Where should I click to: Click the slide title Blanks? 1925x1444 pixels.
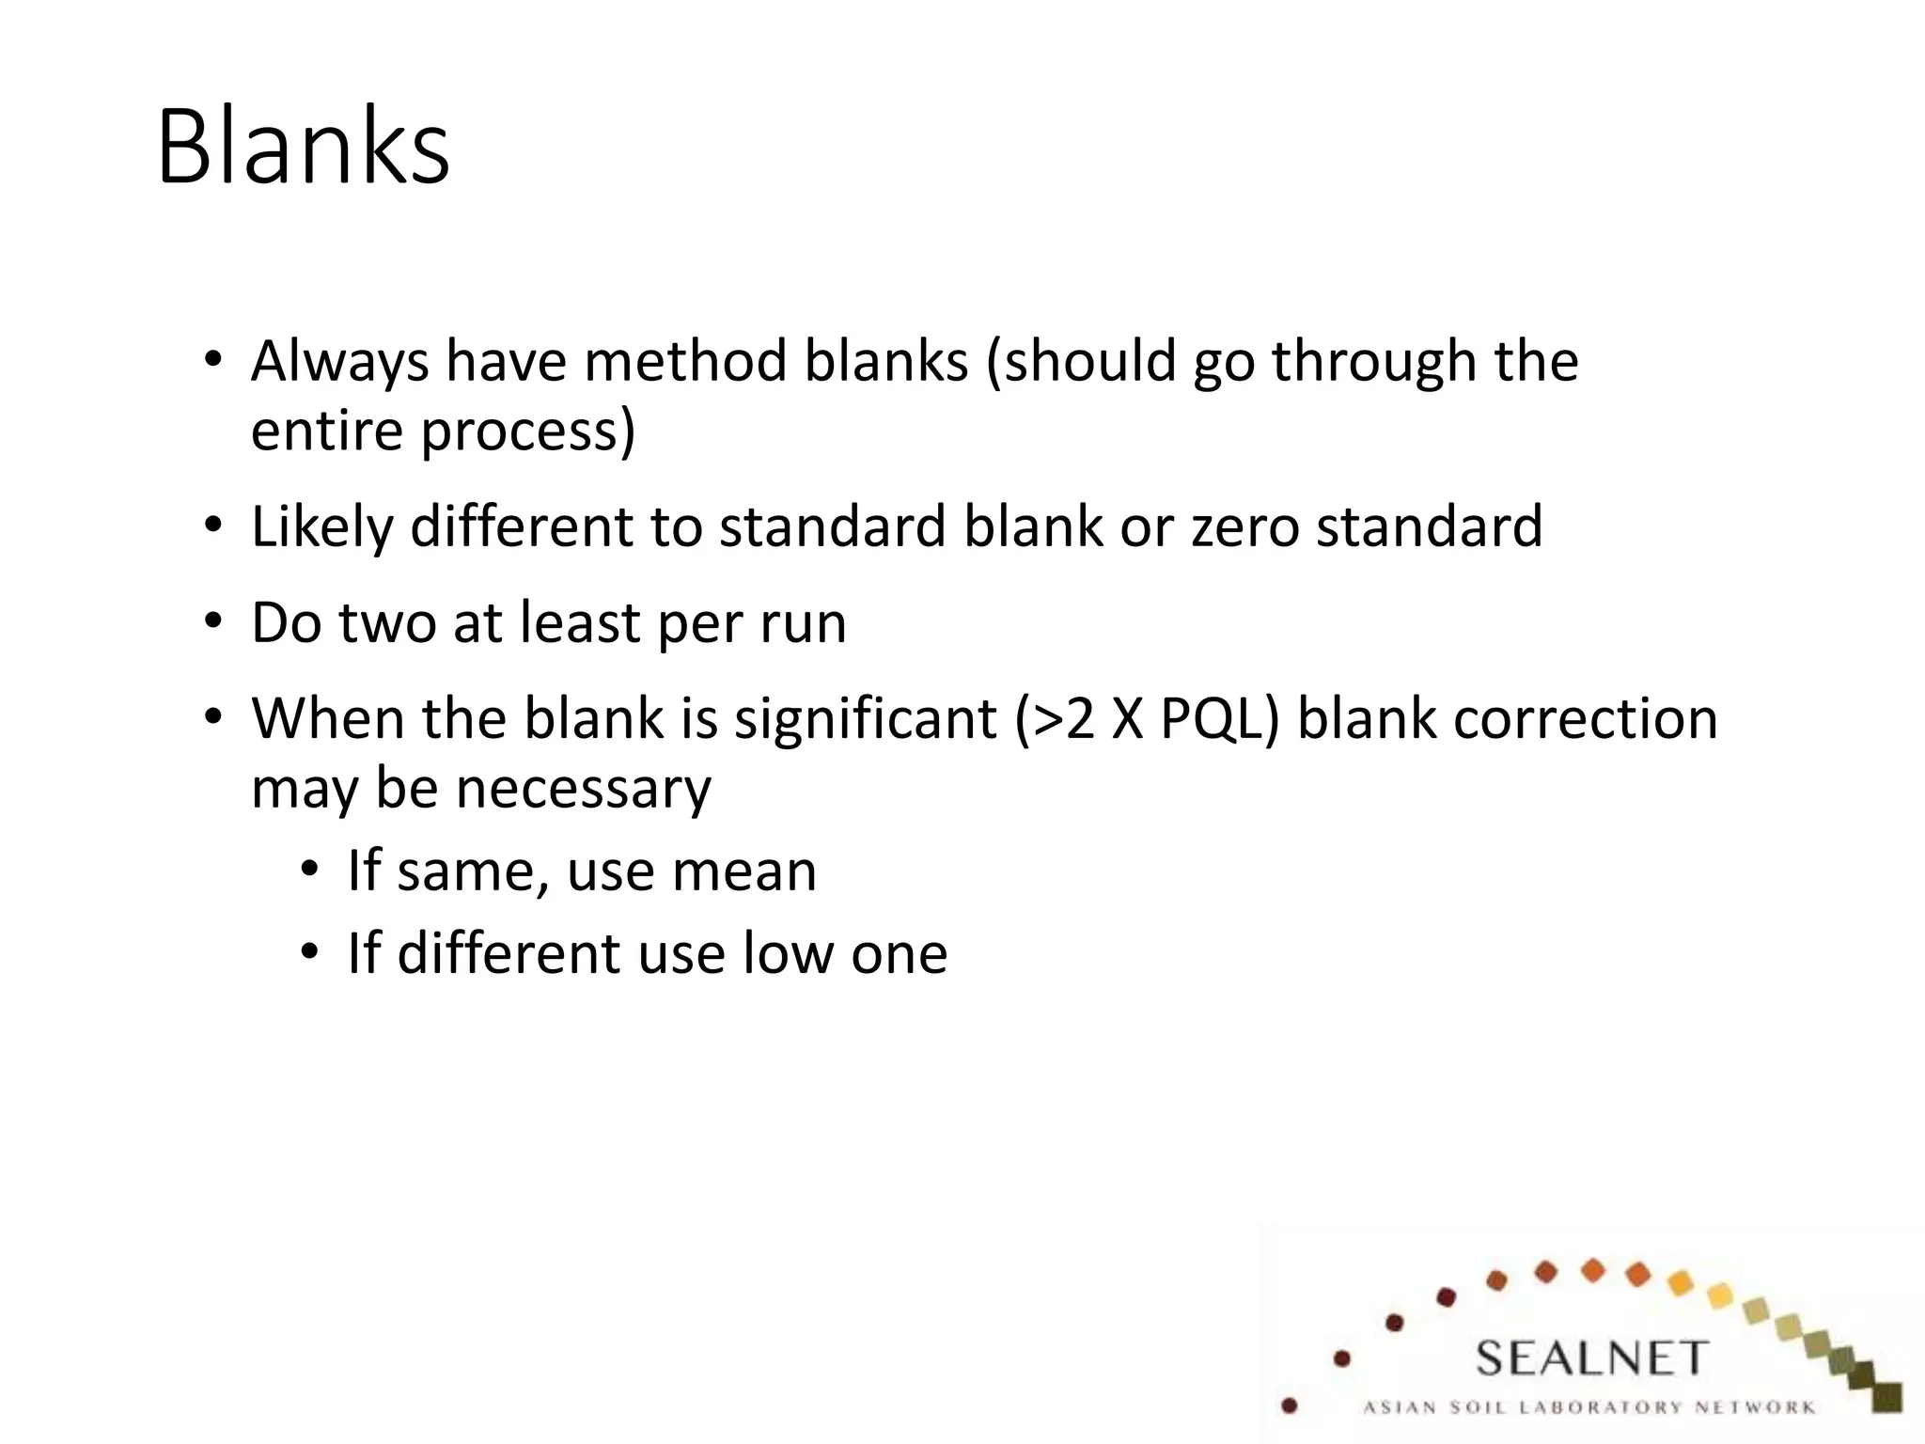click(x=303, y=148)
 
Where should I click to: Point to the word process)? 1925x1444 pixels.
click(x=527, y=431)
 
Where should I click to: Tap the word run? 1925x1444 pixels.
click(x=804, y=622)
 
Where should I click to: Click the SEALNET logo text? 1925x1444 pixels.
click(x=1590, y=1358)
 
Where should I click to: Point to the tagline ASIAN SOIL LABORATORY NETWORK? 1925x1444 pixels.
click(x=1589, y=1407)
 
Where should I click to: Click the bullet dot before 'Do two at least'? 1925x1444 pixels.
click(x=213, y=621)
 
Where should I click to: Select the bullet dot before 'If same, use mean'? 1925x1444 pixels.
click(x=310, y=870)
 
